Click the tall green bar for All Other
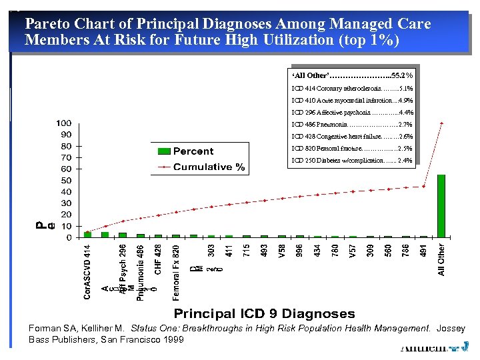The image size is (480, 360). point(441,205)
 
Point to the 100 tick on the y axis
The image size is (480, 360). point(64,123)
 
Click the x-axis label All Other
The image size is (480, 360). point(441,259)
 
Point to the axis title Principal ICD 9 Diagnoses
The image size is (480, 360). point(264,313)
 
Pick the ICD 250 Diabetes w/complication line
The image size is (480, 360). point(354,160)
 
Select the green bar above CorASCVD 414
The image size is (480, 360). point(87,234)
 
